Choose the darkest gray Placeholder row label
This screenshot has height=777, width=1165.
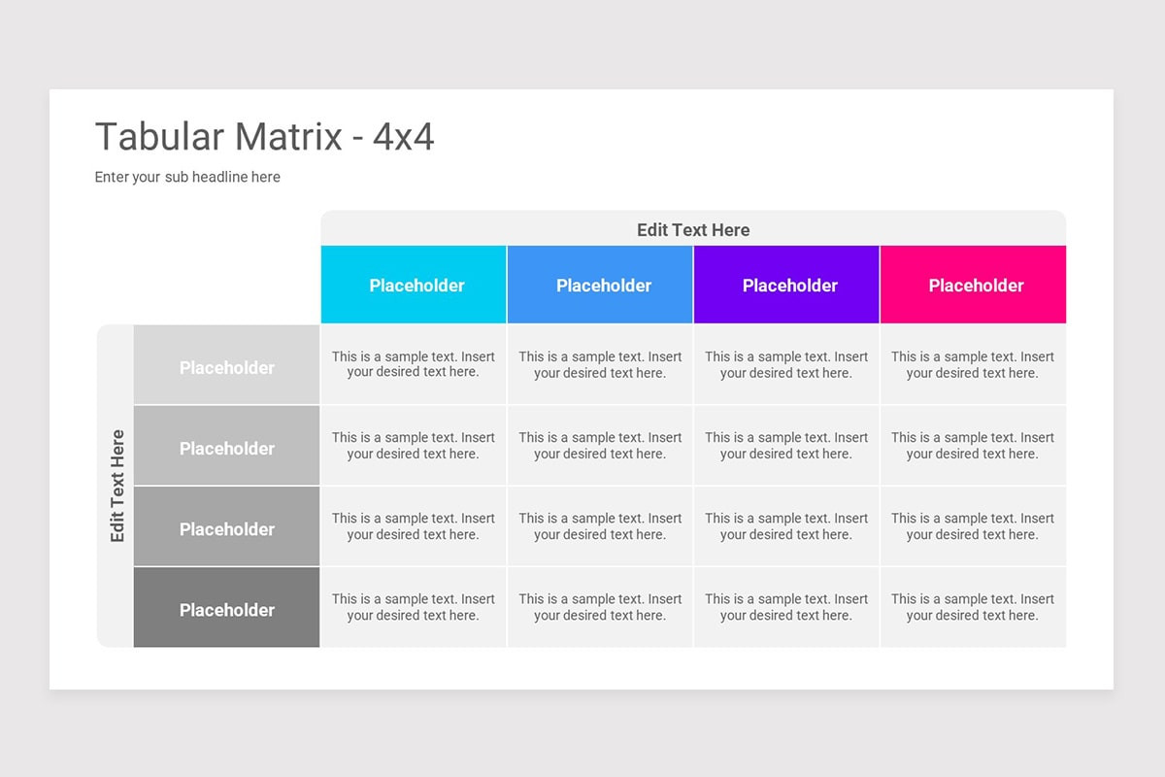click(x=226, y=608)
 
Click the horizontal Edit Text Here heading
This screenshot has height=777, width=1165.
click(x=693, y=229)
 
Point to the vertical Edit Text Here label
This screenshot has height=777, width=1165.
click(x=116, y=486)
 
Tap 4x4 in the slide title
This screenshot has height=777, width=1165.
click(x=403, y=137)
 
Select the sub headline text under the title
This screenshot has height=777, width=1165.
click(x=187, y=177)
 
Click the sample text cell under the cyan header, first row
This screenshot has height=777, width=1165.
click(x=414, y=364)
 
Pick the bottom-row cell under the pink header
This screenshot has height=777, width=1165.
click(x=973, y=607)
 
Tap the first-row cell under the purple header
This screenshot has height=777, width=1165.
click(x=786, y=364)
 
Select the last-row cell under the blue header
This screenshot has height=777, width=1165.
click(x=600, y=607)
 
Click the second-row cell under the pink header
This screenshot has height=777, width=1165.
click(x=973, y=445)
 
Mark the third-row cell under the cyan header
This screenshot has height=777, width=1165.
click(x=414, y=526)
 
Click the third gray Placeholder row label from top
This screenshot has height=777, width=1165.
click(x=226, y=527)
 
